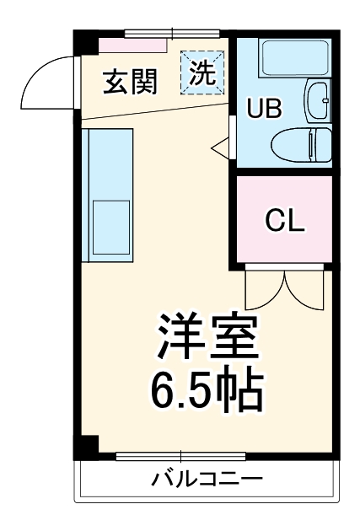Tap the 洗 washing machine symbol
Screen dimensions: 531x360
pyautogui.click(x=201, y=71)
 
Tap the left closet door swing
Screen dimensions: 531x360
pyautogui.click(x=263, y=291)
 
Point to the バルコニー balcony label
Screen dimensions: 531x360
pyautogui.click(x=207, y=480)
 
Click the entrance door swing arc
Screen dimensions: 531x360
pyautogui.click(x=46, y=76)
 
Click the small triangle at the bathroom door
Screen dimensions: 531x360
pyautogui.click(x=221, y=149)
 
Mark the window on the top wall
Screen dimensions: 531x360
pyautogui.click(x=174, y=35)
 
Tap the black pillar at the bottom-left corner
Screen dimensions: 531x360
pyautogui.click(x=85, y=448)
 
